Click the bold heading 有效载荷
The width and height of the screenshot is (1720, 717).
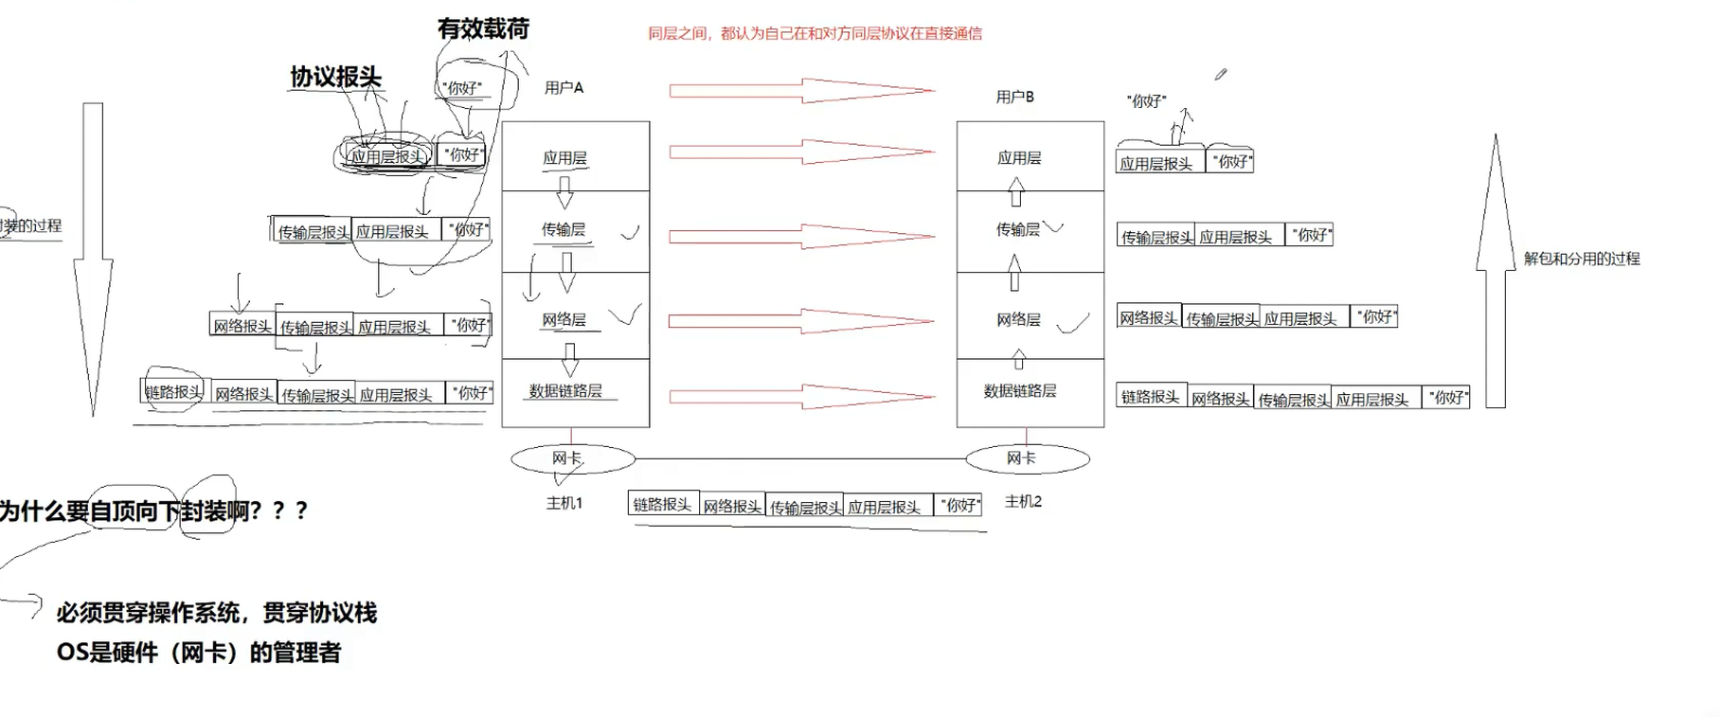coord(483,28)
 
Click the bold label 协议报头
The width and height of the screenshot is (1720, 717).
coord(335,77)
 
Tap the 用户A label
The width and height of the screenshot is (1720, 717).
coord(564,88)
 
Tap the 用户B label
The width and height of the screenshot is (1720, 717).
coord(1014,97)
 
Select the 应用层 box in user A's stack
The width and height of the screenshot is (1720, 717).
coord(575,156)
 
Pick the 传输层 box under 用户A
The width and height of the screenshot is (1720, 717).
coord(575,231)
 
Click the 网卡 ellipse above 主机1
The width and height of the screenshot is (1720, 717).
coord(572,459)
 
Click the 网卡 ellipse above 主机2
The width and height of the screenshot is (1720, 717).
coord(1027,459)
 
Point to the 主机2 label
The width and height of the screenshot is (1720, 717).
coord(1023,502)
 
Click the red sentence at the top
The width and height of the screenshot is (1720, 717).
coord(815,34)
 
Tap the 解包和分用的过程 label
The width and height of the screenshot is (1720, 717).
coord(1582,259)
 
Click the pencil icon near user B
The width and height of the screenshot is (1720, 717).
coord(1221,74)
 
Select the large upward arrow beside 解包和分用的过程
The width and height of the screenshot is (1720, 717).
coord(1496,275)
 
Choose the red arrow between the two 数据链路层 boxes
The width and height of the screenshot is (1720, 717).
coord(801,396)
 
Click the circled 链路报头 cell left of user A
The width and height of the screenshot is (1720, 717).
coord(173,391)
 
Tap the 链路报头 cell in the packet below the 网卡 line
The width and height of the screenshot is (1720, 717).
coord(663,504)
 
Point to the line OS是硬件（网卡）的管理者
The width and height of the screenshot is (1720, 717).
coord(199,653)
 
